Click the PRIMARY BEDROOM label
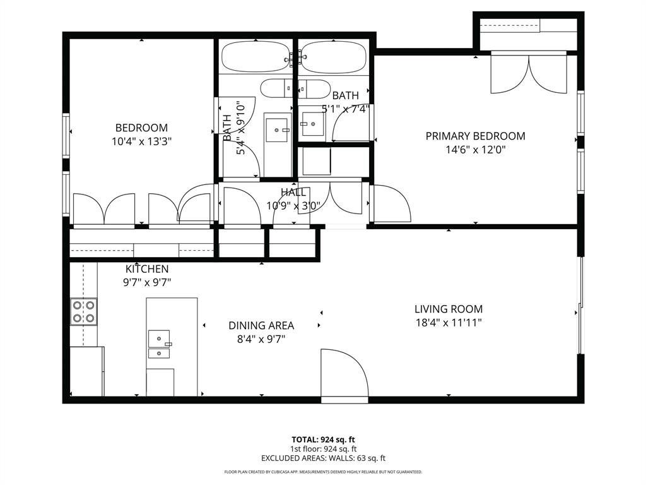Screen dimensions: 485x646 475,136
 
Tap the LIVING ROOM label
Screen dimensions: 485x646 448,309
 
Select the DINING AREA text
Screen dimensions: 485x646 261,325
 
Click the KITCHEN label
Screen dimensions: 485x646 146,269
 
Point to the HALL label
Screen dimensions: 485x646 293,192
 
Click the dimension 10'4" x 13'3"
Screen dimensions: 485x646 141,141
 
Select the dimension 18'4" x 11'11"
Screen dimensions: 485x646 448,323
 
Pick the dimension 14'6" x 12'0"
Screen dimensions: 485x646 475,150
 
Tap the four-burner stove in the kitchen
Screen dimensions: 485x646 83,311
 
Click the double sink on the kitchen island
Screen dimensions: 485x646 159,344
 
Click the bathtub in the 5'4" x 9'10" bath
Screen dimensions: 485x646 255,57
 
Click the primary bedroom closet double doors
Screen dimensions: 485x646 529,73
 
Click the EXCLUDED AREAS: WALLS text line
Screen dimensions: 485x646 323,458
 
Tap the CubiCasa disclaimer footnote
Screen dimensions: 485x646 323,472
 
